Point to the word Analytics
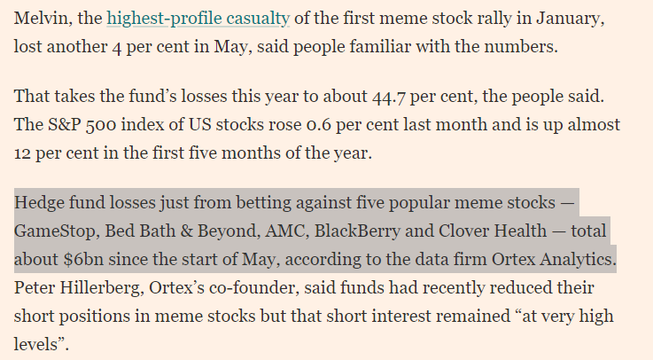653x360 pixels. [x=575, y=262]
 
